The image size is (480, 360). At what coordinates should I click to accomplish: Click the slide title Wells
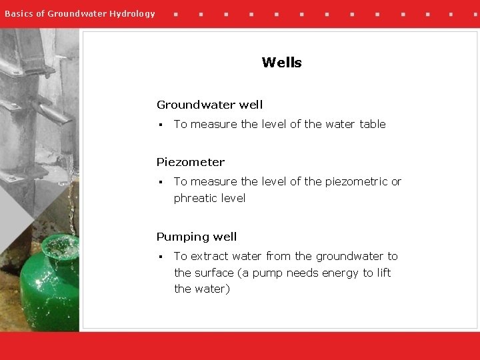281,63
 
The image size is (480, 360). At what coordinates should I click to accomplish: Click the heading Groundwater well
209,105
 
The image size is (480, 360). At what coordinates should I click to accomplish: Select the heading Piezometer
191,162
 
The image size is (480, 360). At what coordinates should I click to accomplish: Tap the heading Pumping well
197,237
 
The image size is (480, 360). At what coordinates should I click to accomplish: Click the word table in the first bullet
372,124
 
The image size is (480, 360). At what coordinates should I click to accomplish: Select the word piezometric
354,181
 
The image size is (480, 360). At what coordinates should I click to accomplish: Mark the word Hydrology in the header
131,13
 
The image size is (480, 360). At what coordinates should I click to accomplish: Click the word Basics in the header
19,13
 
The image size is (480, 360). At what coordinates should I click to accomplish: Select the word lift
383,273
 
